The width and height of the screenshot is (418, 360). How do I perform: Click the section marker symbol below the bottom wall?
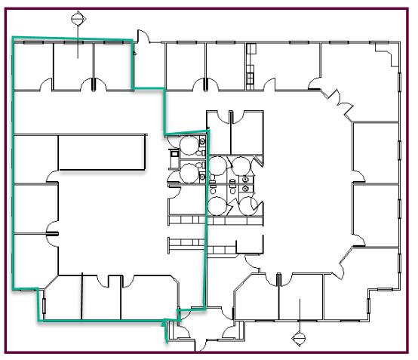point(300,336)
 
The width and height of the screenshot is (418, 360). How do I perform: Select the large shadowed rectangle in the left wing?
point(102,153)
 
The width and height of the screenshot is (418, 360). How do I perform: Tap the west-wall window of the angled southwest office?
point(43,305)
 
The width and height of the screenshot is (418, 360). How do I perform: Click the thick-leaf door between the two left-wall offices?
point(51,233)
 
